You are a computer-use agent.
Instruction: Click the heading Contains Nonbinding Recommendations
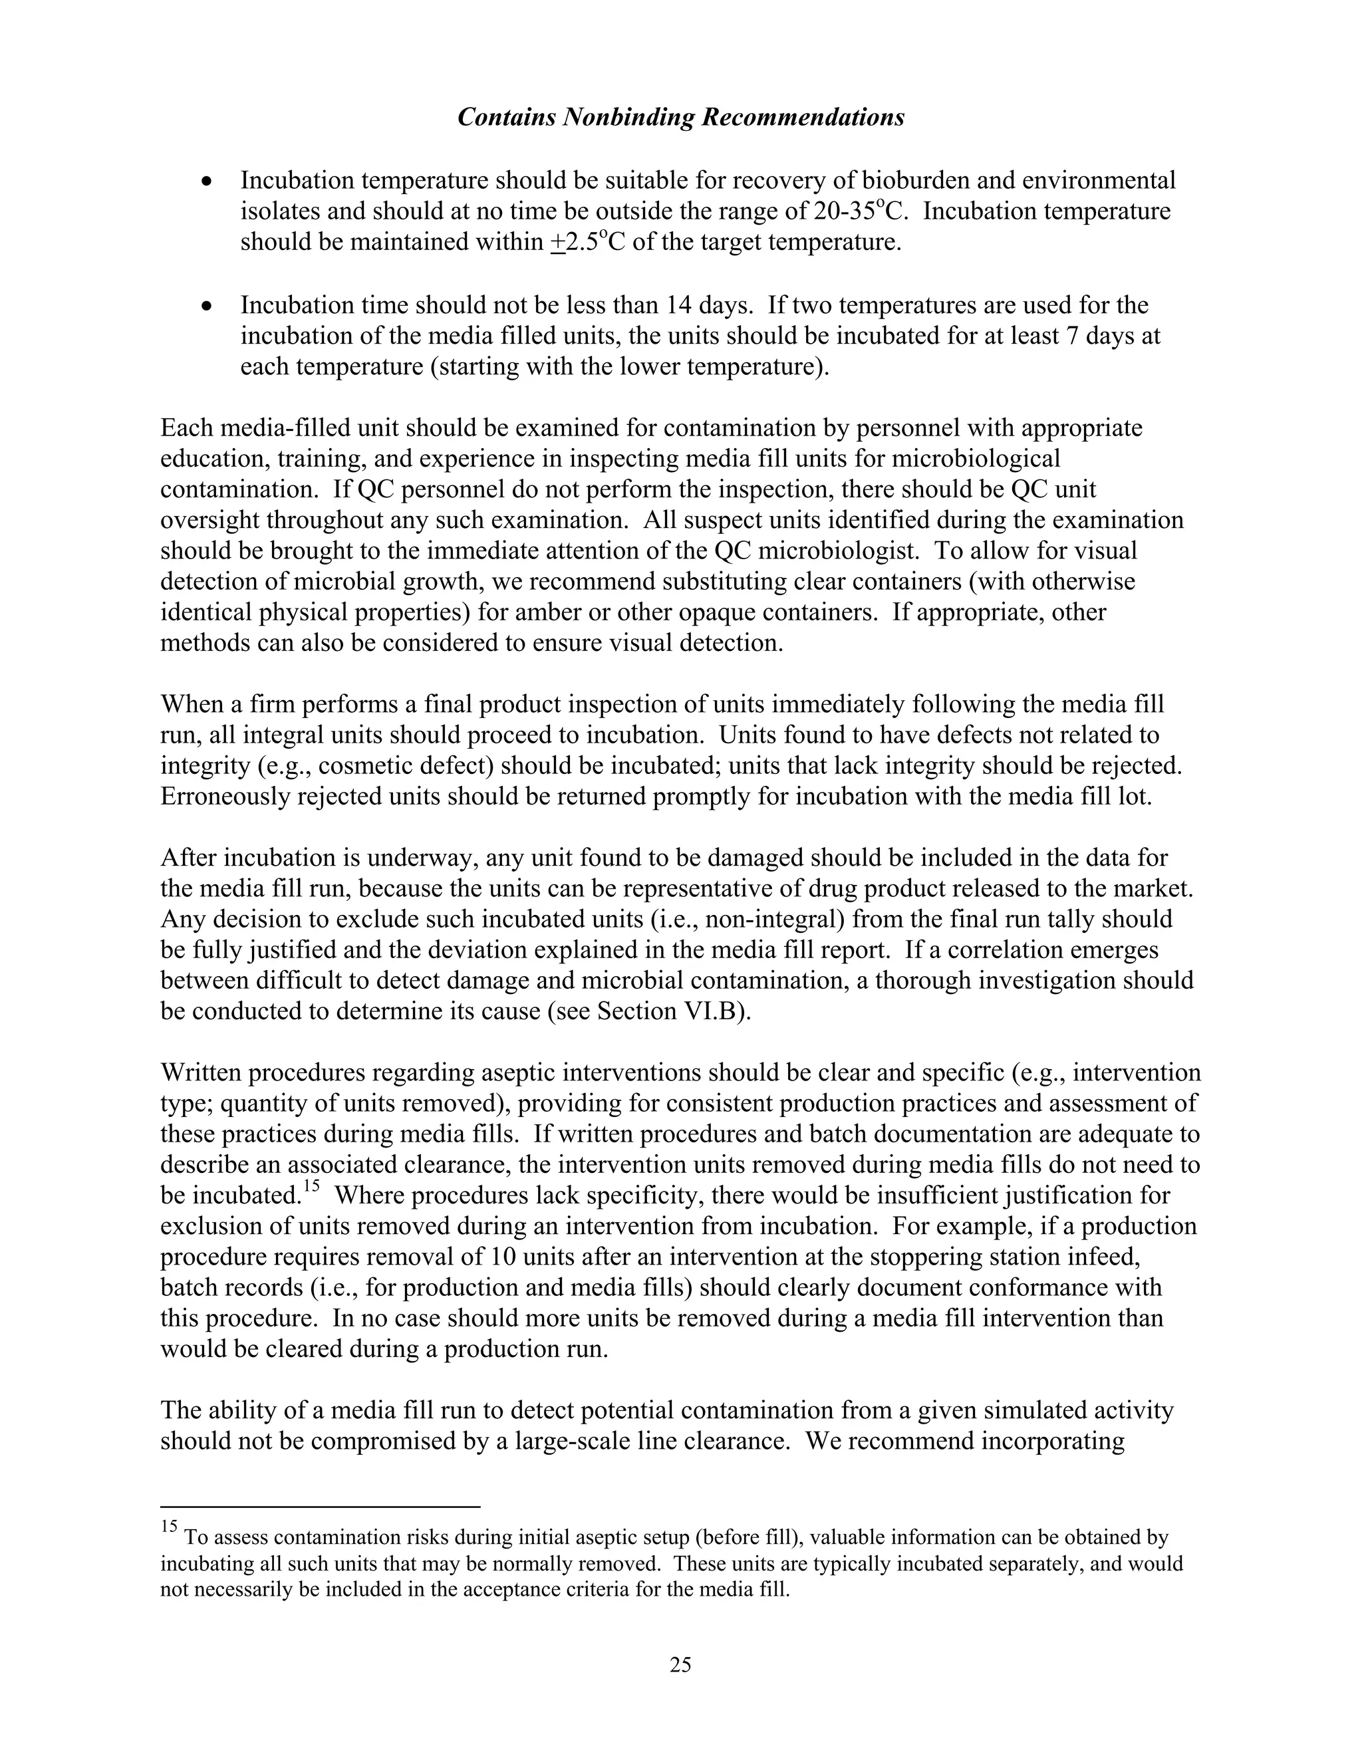[680, 118]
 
